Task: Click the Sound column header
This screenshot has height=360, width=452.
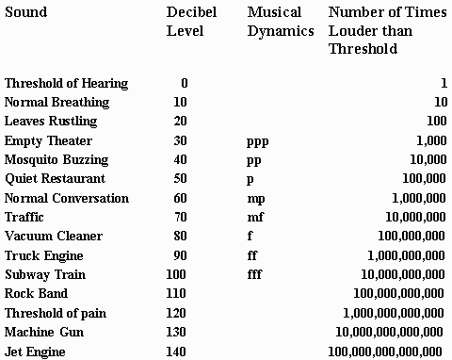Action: click(x=25, y=12)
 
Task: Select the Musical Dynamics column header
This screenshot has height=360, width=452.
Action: click(x=280, y=22)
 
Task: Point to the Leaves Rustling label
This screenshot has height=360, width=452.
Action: click(x=51, y=122)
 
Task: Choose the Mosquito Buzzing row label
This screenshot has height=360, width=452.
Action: click(x=56, y=159)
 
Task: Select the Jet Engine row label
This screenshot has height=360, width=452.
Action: click(x=35, y=352)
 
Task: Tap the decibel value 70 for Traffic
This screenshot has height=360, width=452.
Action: click(x=180, y=217)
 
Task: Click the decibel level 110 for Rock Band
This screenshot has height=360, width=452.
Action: click(x=177, y=294)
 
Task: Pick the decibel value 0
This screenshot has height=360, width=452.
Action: click(x=184, y=83)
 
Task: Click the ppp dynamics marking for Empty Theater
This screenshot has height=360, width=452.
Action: click(x=258, y=140)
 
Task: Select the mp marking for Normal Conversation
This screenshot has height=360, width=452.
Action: click(x=256, y=198)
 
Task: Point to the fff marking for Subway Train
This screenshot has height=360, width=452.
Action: click(x=254, y=274)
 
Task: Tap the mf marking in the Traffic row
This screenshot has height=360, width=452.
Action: click(x=255, y=217)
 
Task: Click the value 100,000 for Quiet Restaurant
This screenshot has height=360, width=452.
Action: click(x=424, y=178)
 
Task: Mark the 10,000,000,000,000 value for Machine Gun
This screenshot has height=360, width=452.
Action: click(x=390, y=332)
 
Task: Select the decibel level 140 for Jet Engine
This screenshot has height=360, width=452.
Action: click(x=177, y=352)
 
